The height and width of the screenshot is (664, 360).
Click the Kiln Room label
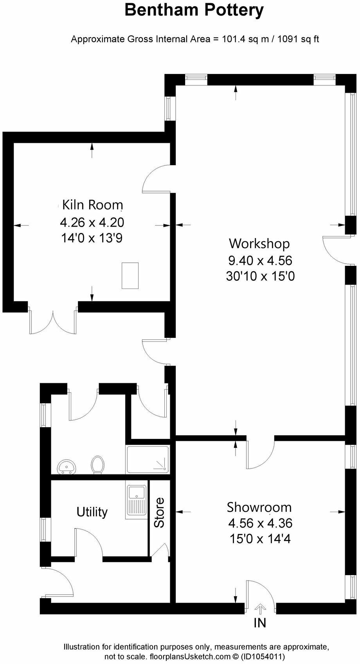pyautogui.click(x=93, y=205)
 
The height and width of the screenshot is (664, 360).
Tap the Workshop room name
pyautogui.click(x=259, y=244)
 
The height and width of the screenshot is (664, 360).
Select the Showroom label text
pyautogui.click(x=259, y=507)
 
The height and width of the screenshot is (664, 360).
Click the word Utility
pyautogui.click(x=92, y=512)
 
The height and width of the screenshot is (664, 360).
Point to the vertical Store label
pyautogui.click(x=159, y=512)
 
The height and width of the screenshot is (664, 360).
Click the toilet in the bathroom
pyautogui.click(x=97, y=464)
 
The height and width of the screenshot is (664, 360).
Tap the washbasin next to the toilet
pyautogui.click(x=67, y=467)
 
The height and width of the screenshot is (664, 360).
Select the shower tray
pyautogui.click(x=148, y=460)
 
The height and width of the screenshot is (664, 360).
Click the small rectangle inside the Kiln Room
pyautogui.click(x=130, y=276)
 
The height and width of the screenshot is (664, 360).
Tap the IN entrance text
pyautogui.click(x=260, y=623)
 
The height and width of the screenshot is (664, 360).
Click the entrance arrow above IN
pyautogui.click(x=260, y=609)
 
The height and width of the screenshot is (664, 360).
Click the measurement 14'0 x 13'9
pyautogui.click(x=92, y=238)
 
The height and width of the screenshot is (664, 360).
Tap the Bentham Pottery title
pyautogui.click(x=194, y=10)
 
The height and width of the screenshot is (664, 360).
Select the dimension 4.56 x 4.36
pyautogui.click(x=260, y=523)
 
